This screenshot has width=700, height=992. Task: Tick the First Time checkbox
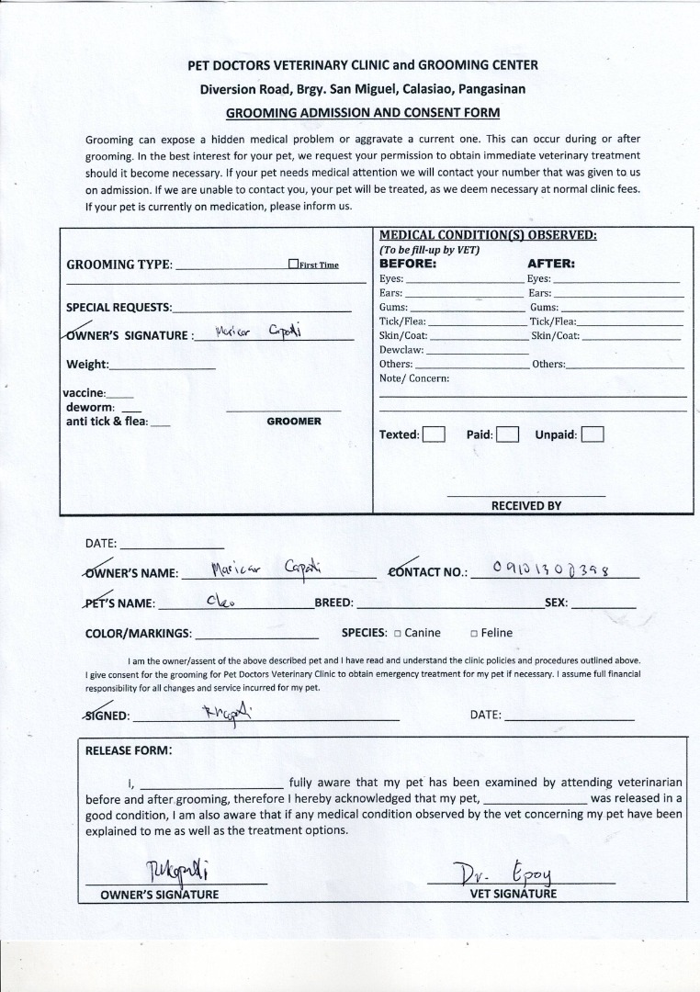click(x=293, y=265)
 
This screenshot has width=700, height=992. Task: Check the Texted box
click(x=434, y=434)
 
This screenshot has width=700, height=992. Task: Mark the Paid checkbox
click(x=507, y=434)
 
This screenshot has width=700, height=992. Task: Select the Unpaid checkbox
click(x=593, y=434)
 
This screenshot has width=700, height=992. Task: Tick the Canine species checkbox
click(x=398, y=633)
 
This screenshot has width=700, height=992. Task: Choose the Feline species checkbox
click(x=474, y=633)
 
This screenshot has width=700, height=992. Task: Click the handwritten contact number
click(x=551, y=569)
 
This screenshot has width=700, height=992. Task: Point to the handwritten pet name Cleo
click(x=220, y=602)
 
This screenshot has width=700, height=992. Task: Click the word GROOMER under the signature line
click(x=294, y=422)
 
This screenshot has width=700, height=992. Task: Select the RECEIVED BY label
click(x=526, y=506)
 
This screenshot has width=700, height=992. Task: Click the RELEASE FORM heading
click(x=128, y=750)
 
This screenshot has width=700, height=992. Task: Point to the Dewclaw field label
click(x=401, y=350)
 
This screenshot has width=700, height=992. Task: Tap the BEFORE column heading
click(x=408, y=263)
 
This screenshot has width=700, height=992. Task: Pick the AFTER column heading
click(x=551, y=263)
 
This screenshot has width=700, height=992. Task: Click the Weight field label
click(x=87, y=365)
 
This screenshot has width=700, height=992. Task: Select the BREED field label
click(x=333, y=603)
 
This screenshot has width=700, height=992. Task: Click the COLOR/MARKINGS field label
click(x=139, y=633)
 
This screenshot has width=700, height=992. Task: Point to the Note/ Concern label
click(x=414, y=378)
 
